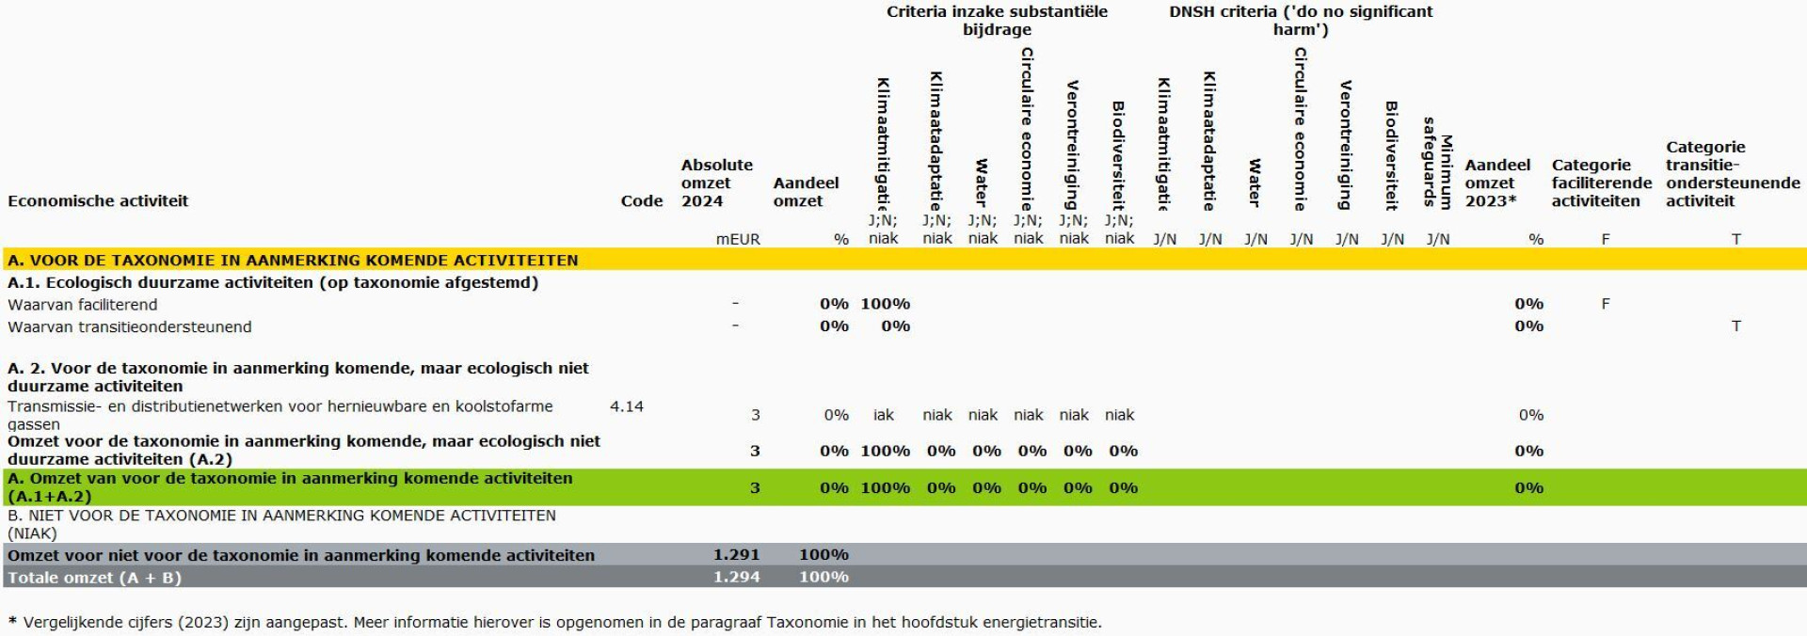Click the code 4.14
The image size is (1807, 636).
(626, 406)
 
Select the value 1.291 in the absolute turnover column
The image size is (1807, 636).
(736, 555)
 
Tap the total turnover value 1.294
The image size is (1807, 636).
(736, 577)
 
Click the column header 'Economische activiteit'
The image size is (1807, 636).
(98, 200)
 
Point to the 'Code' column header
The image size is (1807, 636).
(641, 200)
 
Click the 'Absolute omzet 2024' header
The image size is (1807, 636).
(716, 183)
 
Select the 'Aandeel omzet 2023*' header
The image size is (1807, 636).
(1496, 183)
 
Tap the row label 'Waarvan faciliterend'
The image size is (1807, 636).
(83, 305)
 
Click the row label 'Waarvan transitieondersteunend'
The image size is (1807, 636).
(130, 327)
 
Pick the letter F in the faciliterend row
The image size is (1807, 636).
(1605, 304)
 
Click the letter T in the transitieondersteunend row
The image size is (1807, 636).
(1735, 326)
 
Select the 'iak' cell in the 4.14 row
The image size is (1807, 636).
(883, 415)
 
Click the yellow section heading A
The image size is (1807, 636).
(293, 260)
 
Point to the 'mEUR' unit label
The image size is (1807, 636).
(738, 239)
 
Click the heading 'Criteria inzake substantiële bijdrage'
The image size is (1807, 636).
(997, 21)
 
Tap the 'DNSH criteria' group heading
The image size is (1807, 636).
(1300, 21)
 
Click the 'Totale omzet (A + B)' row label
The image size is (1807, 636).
(94, 578)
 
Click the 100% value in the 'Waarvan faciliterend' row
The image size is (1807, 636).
(885, 304)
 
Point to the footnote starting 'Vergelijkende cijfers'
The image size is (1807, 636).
(555, 622)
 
